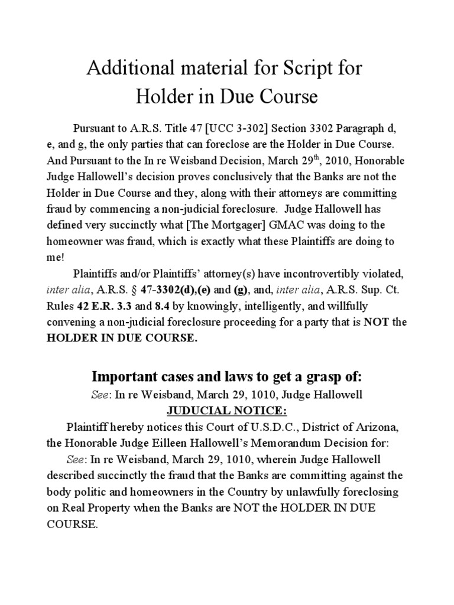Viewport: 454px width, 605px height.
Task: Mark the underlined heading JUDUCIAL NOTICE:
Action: (x=226, y=410)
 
